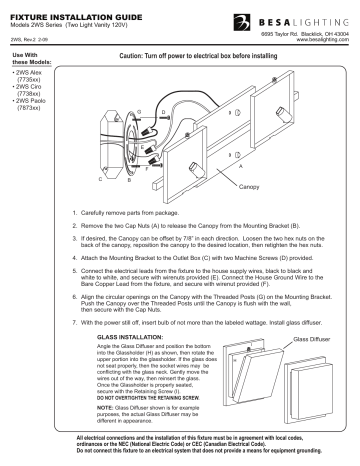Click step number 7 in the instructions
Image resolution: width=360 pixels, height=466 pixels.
click(79, 324)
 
